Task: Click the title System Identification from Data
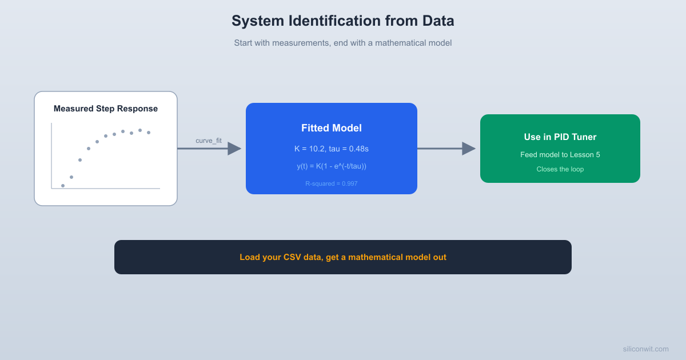coord(342,21)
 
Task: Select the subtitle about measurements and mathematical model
coord(342,43)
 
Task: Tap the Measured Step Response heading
coord(106,109)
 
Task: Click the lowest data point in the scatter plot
coord(63,186)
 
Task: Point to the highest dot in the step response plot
coord(140,130)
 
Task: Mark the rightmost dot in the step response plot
coord(149,133)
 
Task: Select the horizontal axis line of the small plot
coord(106,188)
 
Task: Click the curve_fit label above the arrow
coord(209,141)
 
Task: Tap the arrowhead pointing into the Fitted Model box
coord(234,149)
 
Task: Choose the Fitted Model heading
coord(332,128)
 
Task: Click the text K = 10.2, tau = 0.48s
coord(332,149)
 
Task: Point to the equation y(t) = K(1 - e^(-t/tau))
coord(332,166)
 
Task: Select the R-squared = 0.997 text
coord(332,183)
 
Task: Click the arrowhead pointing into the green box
coord(469,149)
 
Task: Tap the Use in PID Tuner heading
coord(560,137)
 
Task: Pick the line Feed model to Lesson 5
coord(560,155)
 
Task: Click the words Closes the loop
coord(560,169)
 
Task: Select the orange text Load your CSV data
coord(343,257)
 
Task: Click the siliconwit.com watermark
coord(645,349)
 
